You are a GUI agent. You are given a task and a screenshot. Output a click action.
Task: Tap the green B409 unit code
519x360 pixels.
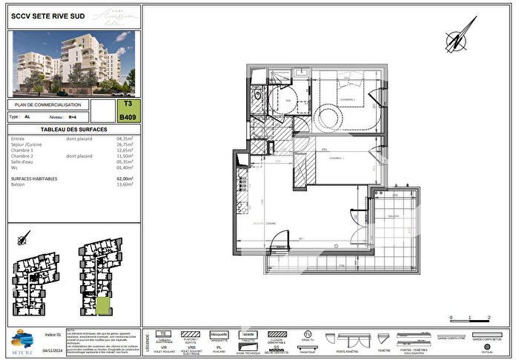[x=127, y=116]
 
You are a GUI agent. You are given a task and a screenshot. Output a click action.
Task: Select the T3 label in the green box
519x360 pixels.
[x=128, y=104]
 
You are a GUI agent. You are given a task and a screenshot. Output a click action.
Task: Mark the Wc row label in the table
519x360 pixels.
[x=15, y=168]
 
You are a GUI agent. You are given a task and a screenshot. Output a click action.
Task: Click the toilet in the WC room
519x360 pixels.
[x=257, y=96]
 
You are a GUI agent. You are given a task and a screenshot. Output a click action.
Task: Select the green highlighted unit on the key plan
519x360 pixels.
[x=103, y=306]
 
